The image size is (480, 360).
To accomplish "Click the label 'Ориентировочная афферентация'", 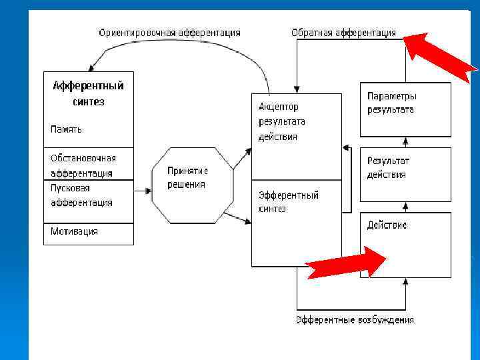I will point(169,32).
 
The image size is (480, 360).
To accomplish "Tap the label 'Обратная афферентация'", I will point(343,32).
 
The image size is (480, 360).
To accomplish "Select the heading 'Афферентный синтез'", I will point(88,93).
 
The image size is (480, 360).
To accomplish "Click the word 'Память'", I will point(67,129).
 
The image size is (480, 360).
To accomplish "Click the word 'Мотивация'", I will point(74,231).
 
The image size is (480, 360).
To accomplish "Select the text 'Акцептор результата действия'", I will point(282,121).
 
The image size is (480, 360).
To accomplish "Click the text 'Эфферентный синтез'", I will point(288,201).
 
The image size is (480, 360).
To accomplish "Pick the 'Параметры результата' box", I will point(405,109).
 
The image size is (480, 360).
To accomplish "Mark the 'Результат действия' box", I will point(405,174).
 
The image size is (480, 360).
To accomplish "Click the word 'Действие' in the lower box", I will point(387,225).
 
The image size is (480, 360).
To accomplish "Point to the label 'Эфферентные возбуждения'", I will point(355,320).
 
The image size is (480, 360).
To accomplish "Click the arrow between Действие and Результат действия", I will point(405,207).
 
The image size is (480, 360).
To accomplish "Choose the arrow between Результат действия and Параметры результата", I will point(405,142).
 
